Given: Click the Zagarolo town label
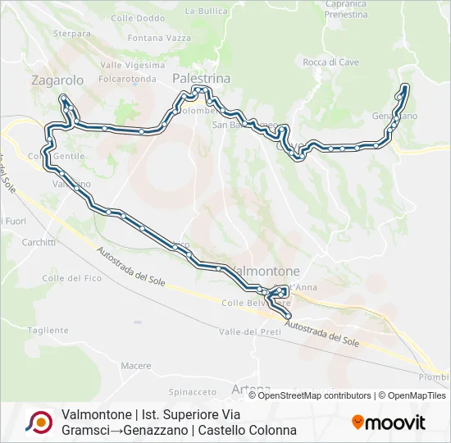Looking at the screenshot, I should coord(57,80).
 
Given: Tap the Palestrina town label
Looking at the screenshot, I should coord(201,77).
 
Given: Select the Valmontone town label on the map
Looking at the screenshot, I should coord(267,271).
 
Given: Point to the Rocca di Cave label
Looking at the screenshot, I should coord(330,62).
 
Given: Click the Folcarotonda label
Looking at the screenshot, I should coord(127,80).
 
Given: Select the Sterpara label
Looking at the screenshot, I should coord(71,34).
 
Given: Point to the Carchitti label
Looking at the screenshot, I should coord(39,243).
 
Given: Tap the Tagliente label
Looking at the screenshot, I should coord(48,330).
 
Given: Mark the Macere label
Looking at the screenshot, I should coord(135,365).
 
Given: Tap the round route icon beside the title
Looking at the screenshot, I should coord(39,422).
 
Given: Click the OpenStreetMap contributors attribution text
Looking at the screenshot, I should coord(315,395).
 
